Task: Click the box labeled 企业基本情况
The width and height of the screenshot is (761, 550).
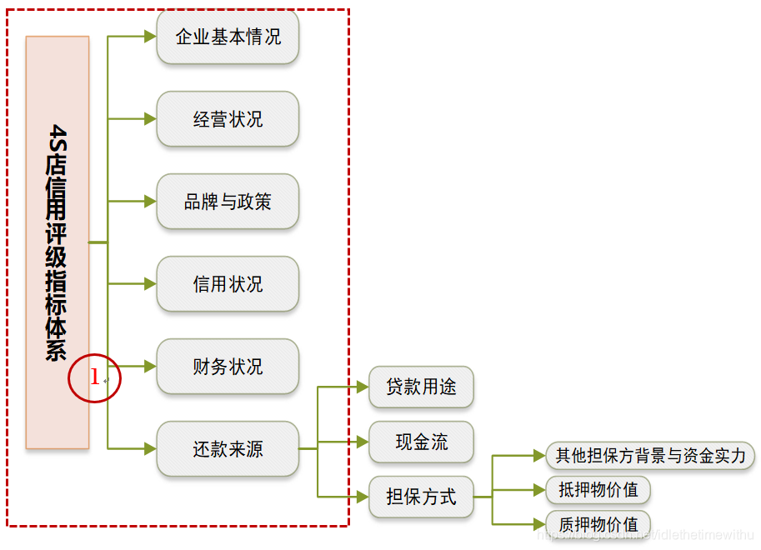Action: coord(228,37)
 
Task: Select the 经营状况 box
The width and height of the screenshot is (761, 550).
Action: coord(228,119)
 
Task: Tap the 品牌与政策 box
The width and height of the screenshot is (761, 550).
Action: coord(228,202)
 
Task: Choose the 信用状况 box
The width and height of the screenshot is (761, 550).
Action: coord(228,284)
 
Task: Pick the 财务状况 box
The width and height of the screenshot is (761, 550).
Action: coord(228,367)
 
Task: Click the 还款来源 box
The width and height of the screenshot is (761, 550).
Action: coord(228,449)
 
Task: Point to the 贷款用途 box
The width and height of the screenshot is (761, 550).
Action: coord(421,387)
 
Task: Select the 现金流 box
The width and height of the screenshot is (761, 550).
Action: coord(421,442)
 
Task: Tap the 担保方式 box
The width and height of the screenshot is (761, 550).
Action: coord(421,497)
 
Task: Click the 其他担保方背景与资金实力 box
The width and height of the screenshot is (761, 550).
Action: coord(650,456)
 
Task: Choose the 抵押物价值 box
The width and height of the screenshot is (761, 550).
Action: coord(598,490)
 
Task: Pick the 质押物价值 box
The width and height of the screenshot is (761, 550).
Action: coord(598,524)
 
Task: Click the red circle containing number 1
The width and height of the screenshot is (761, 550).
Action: coord(95,378)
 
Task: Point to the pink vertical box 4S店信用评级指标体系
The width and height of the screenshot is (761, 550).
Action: coord(58,242)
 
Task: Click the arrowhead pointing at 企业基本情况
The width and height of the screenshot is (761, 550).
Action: coord(150,37)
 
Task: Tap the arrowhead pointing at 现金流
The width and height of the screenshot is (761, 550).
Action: coord(363,442)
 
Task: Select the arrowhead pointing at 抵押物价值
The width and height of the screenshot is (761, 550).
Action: coord(539,490)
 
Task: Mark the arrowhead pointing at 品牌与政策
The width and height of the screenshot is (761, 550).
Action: coord(150,202)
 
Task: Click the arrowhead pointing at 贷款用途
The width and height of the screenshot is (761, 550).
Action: coord(363,387)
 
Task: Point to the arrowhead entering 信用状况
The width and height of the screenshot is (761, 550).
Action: coord(150,284)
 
